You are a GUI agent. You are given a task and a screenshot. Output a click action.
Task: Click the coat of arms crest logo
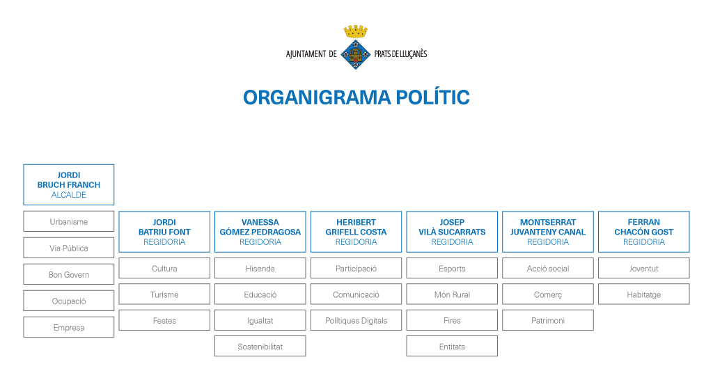(x=356, y=47)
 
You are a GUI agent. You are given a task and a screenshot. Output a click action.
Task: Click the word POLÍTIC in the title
(x=432, y=97)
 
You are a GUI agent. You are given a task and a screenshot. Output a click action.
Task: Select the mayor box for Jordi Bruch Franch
(x=69, y=184)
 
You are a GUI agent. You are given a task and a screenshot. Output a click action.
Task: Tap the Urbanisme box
(x=69, y=221)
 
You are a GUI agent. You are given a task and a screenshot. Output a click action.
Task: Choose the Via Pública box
(x=69, y=248)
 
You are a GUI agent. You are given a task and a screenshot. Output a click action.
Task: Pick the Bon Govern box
(x=69, y=274)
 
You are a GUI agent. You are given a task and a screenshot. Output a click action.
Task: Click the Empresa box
(x=69, y=327)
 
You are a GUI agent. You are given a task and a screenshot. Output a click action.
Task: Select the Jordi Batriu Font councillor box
(x=164, y=232)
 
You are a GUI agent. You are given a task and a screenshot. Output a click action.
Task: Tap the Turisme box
(x=164, y=294)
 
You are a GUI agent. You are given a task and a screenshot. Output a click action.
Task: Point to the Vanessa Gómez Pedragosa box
(x=260, y=232)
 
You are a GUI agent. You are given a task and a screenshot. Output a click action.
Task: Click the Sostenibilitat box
(x=260, y=347)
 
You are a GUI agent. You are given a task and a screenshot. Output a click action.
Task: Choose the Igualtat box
(x=260, y=320)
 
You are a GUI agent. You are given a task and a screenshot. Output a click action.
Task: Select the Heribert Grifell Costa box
(x=356, y=232)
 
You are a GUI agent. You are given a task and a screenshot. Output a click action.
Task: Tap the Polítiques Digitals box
(x=356, y=320)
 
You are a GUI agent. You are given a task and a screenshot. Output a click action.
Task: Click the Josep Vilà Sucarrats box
(x=452, y=232)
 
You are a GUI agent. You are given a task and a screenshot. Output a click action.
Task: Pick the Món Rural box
(x=452, y=294)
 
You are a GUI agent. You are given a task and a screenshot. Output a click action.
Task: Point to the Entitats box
(x=452, y=347)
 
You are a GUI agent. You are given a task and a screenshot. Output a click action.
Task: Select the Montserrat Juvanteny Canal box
(x=548, y=232)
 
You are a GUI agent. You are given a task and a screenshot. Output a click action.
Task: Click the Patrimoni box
(x=548, y=320)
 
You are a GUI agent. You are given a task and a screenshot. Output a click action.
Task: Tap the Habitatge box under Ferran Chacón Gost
(x=644, y=294)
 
